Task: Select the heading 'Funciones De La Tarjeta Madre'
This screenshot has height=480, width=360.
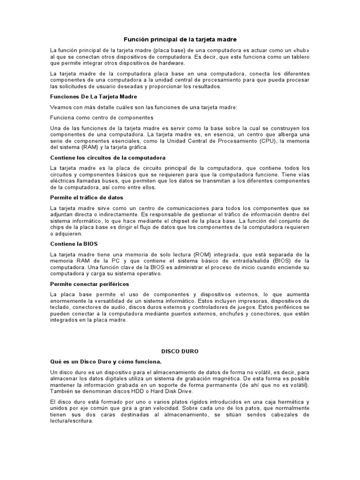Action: pyautogui.click(x=93, y=97)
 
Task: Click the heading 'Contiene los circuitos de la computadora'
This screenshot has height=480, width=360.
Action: pyautogui.click(x=108, y=157)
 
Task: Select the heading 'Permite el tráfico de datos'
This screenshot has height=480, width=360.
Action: pyautogui.click(x=87, y=198)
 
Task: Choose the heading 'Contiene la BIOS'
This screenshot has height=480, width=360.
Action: pyautogui.click(x=74, y=244)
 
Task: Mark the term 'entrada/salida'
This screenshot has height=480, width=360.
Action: pyautogui.click(x=255, y=261)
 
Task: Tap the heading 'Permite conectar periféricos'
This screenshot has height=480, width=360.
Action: pyautogui.click(x=90, y=284)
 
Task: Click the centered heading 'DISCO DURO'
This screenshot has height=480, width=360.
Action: pyautogui.click(x=180, y=351)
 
